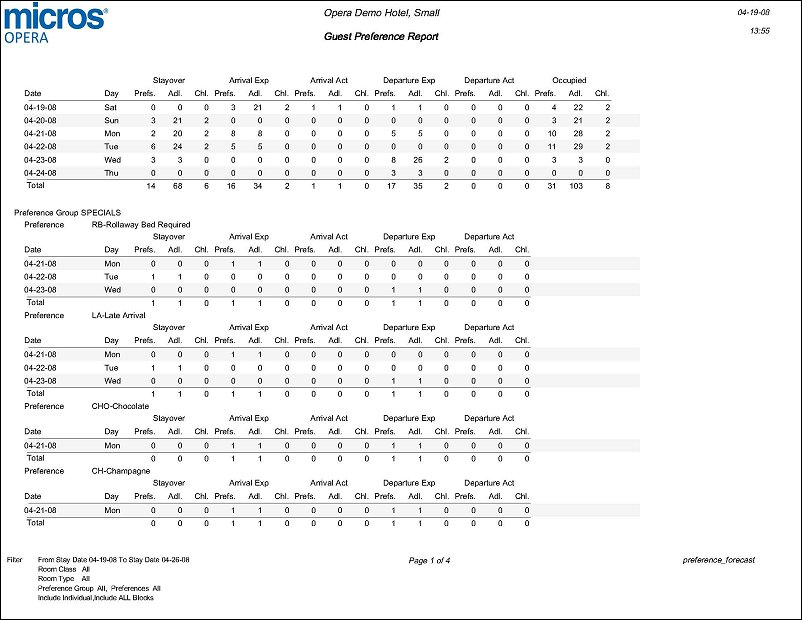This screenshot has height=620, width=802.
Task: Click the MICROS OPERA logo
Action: point(56,23)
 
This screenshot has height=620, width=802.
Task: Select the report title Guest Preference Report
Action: point(381,36)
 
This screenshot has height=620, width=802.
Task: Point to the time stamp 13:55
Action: point(760,31)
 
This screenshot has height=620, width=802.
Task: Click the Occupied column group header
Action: point(569,80)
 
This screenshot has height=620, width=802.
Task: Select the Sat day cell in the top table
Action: point(111,107)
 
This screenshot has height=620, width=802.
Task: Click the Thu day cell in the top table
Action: point(111,172)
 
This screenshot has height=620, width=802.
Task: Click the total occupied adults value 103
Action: point(575,186)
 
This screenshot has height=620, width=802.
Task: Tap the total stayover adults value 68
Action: point(180,186)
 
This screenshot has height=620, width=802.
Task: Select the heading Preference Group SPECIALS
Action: point(67,213)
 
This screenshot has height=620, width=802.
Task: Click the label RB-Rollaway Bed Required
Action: point(140,225)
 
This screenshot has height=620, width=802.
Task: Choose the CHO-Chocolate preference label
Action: point(120,406)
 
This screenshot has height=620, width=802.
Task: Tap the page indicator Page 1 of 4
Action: point(430,561)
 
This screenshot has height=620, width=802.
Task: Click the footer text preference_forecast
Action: point(718,561)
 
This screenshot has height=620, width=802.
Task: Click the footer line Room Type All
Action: point(64,579)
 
